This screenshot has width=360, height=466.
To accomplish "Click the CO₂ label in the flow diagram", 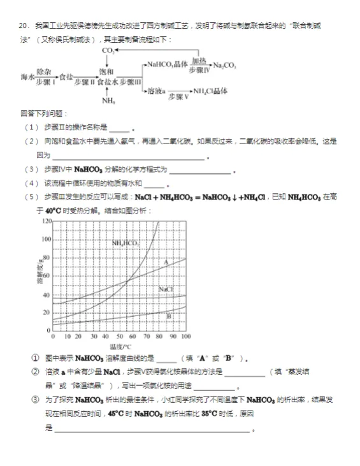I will pyautogui.click(x=109, y=51).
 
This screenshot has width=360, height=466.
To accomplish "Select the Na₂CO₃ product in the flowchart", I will pyautogui.click(x=225, y=65).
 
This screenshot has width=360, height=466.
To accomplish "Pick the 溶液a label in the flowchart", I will pyautogui.click(x=156, y=92).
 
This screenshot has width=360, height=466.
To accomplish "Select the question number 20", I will pyautogui.click(x=24, y=25).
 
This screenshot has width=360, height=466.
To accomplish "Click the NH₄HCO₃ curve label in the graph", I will pyautogui.click(x=126, y=244).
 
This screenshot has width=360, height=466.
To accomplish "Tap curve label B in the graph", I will pyautogui.click(x=169, y=316).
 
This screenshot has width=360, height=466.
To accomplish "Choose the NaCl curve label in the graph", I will pyautogui.click(x=166, y=289).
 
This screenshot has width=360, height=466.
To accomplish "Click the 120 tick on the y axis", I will pyautogui.click(x=45, y=221).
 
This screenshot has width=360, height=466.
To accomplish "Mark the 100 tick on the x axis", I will pyautogui.click(x=185, y=336).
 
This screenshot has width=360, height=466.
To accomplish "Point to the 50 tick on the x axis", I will pyautogui.click(x=119, y=336).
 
